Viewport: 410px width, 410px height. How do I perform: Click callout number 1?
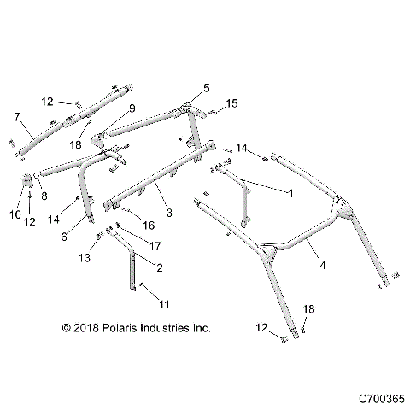click(295, 195)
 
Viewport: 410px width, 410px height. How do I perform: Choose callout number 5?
click(206, 88)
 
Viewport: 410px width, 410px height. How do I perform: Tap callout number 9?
click(132, 108)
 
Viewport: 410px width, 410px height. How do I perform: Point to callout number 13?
click(84, 258)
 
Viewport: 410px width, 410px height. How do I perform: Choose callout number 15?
click(232, 104)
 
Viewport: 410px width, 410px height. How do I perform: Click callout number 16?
click(149, 225)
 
